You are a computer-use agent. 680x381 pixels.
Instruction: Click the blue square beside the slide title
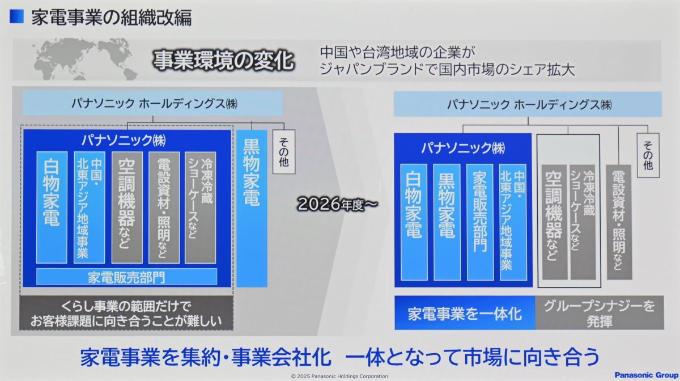pyautogui.click(x=16, y=16)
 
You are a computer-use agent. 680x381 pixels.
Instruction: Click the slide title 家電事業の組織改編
pyautogui.click(x=112, y=18)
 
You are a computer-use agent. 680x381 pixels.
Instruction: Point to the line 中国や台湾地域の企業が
pyautogui.click(x=397, y=52)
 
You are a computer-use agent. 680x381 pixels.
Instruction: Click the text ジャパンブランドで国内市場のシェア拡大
pyautogui.click(x=447, y=70)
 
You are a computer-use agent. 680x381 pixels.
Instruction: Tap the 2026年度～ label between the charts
pyautogui.click(x=337, y=204)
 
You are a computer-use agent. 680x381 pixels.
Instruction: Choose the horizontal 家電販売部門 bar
pyautogui.click(x=126, y=277)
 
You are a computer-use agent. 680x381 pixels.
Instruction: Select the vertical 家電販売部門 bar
pyautogui.click(x=480, y=222)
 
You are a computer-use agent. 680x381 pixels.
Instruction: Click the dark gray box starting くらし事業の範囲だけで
pyautogui.click(x=126, y=313)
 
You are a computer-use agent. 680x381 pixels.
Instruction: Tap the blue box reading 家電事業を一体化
pyautogui.click(x=465, y=313)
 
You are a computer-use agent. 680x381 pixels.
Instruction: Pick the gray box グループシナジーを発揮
pyautogui.click(x=600, y=313)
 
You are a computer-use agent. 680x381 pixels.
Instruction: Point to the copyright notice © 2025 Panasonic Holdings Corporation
pyautogui.click(x=339, y=376)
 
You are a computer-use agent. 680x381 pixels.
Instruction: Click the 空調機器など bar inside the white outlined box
pyautogui.click(x=554, y=222)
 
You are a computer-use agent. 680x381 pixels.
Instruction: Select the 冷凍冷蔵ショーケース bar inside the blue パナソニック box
pyautogui.click(x=201, y=208)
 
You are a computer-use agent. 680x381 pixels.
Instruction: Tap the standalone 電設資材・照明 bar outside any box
pyautogui.click(x=619, y=222)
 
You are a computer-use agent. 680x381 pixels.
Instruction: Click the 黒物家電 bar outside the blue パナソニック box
pyautogui.click(x=252, y=209)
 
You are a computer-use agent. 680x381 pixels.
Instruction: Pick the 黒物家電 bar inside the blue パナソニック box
pyautogui.click(x=447, y=222)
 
